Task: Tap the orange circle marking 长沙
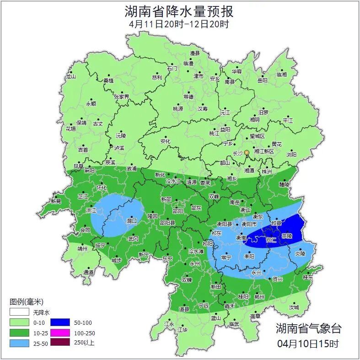247,152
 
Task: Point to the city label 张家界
122,97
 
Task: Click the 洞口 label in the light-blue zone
132,220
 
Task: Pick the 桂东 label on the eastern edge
308,277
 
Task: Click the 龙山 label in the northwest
70,76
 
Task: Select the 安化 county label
165,141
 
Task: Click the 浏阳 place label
291,155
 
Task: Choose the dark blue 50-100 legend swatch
60,323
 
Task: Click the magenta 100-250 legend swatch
60,333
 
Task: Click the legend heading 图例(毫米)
26,302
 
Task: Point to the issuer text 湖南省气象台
308,328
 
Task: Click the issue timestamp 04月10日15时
308,343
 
